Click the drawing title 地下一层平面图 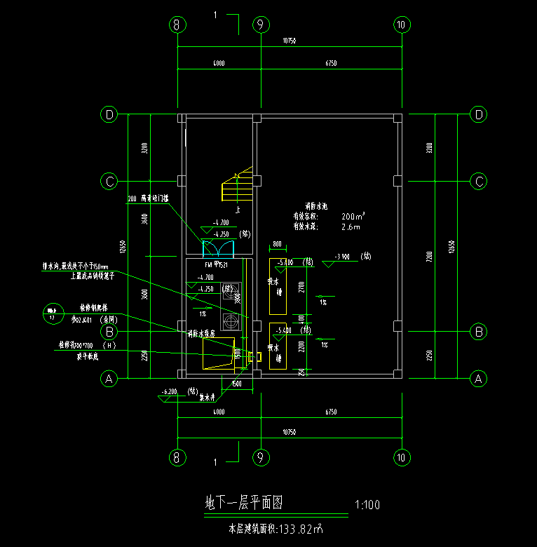243,503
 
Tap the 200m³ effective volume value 353,217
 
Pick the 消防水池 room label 311,207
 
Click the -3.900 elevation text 343,256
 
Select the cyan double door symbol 217,248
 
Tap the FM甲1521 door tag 217,266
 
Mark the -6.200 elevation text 170,391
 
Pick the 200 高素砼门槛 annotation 153,199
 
